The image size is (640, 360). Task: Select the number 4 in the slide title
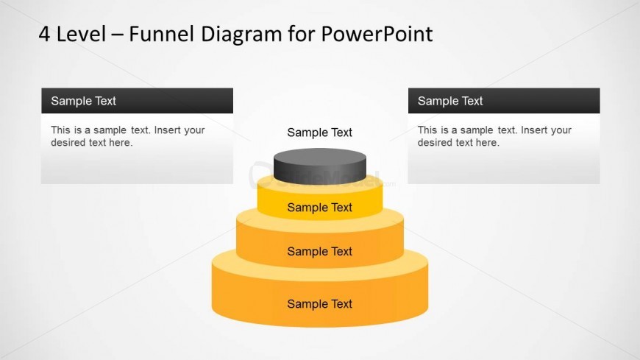coord(45,34)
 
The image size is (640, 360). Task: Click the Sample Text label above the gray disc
coord(319,133)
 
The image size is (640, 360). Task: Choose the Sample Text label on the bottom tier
coord(319,304)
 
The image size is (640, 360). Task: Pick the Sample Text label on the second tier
coord(319,208)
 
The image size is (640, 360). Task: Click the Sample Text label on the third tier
coord(319,252)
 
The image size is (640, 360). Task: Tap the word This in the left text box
coord(61,130)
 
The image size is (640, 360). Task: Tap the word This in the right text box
coord(428,130)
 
